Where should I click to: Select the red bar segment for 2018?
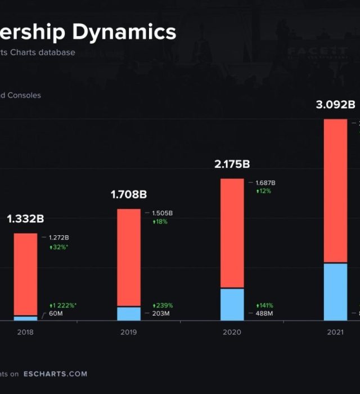[x=25, y=274]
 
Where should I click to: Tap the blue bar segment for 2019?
[x=129, y=314]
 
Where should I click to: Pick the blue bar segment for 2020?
[x=232, y=304]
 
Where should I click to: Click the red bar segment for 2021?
[x=335, y=190]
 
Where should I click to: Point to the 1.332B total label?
[x=25, y=218]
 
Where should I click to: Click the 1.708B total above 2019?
[x=129, y=195]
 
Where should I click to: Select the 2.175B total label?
[x=232, y=164]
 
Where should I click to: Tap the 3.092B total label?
[x=335, y=104]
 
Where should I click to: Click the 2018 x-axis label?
[x=25, y=332]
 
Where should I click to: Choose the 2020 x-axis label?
[x=232, y=332]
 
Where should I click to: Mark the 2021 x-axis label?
[x=335, y=332]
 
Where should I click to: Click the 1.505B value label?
[x=163, y=213]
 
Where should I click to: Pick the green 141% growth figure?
[x=265, y=305]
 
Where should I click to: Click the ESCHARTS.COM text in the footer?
[x=55, y=374]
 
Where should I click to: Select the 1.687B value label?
[x=265, y=183]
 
